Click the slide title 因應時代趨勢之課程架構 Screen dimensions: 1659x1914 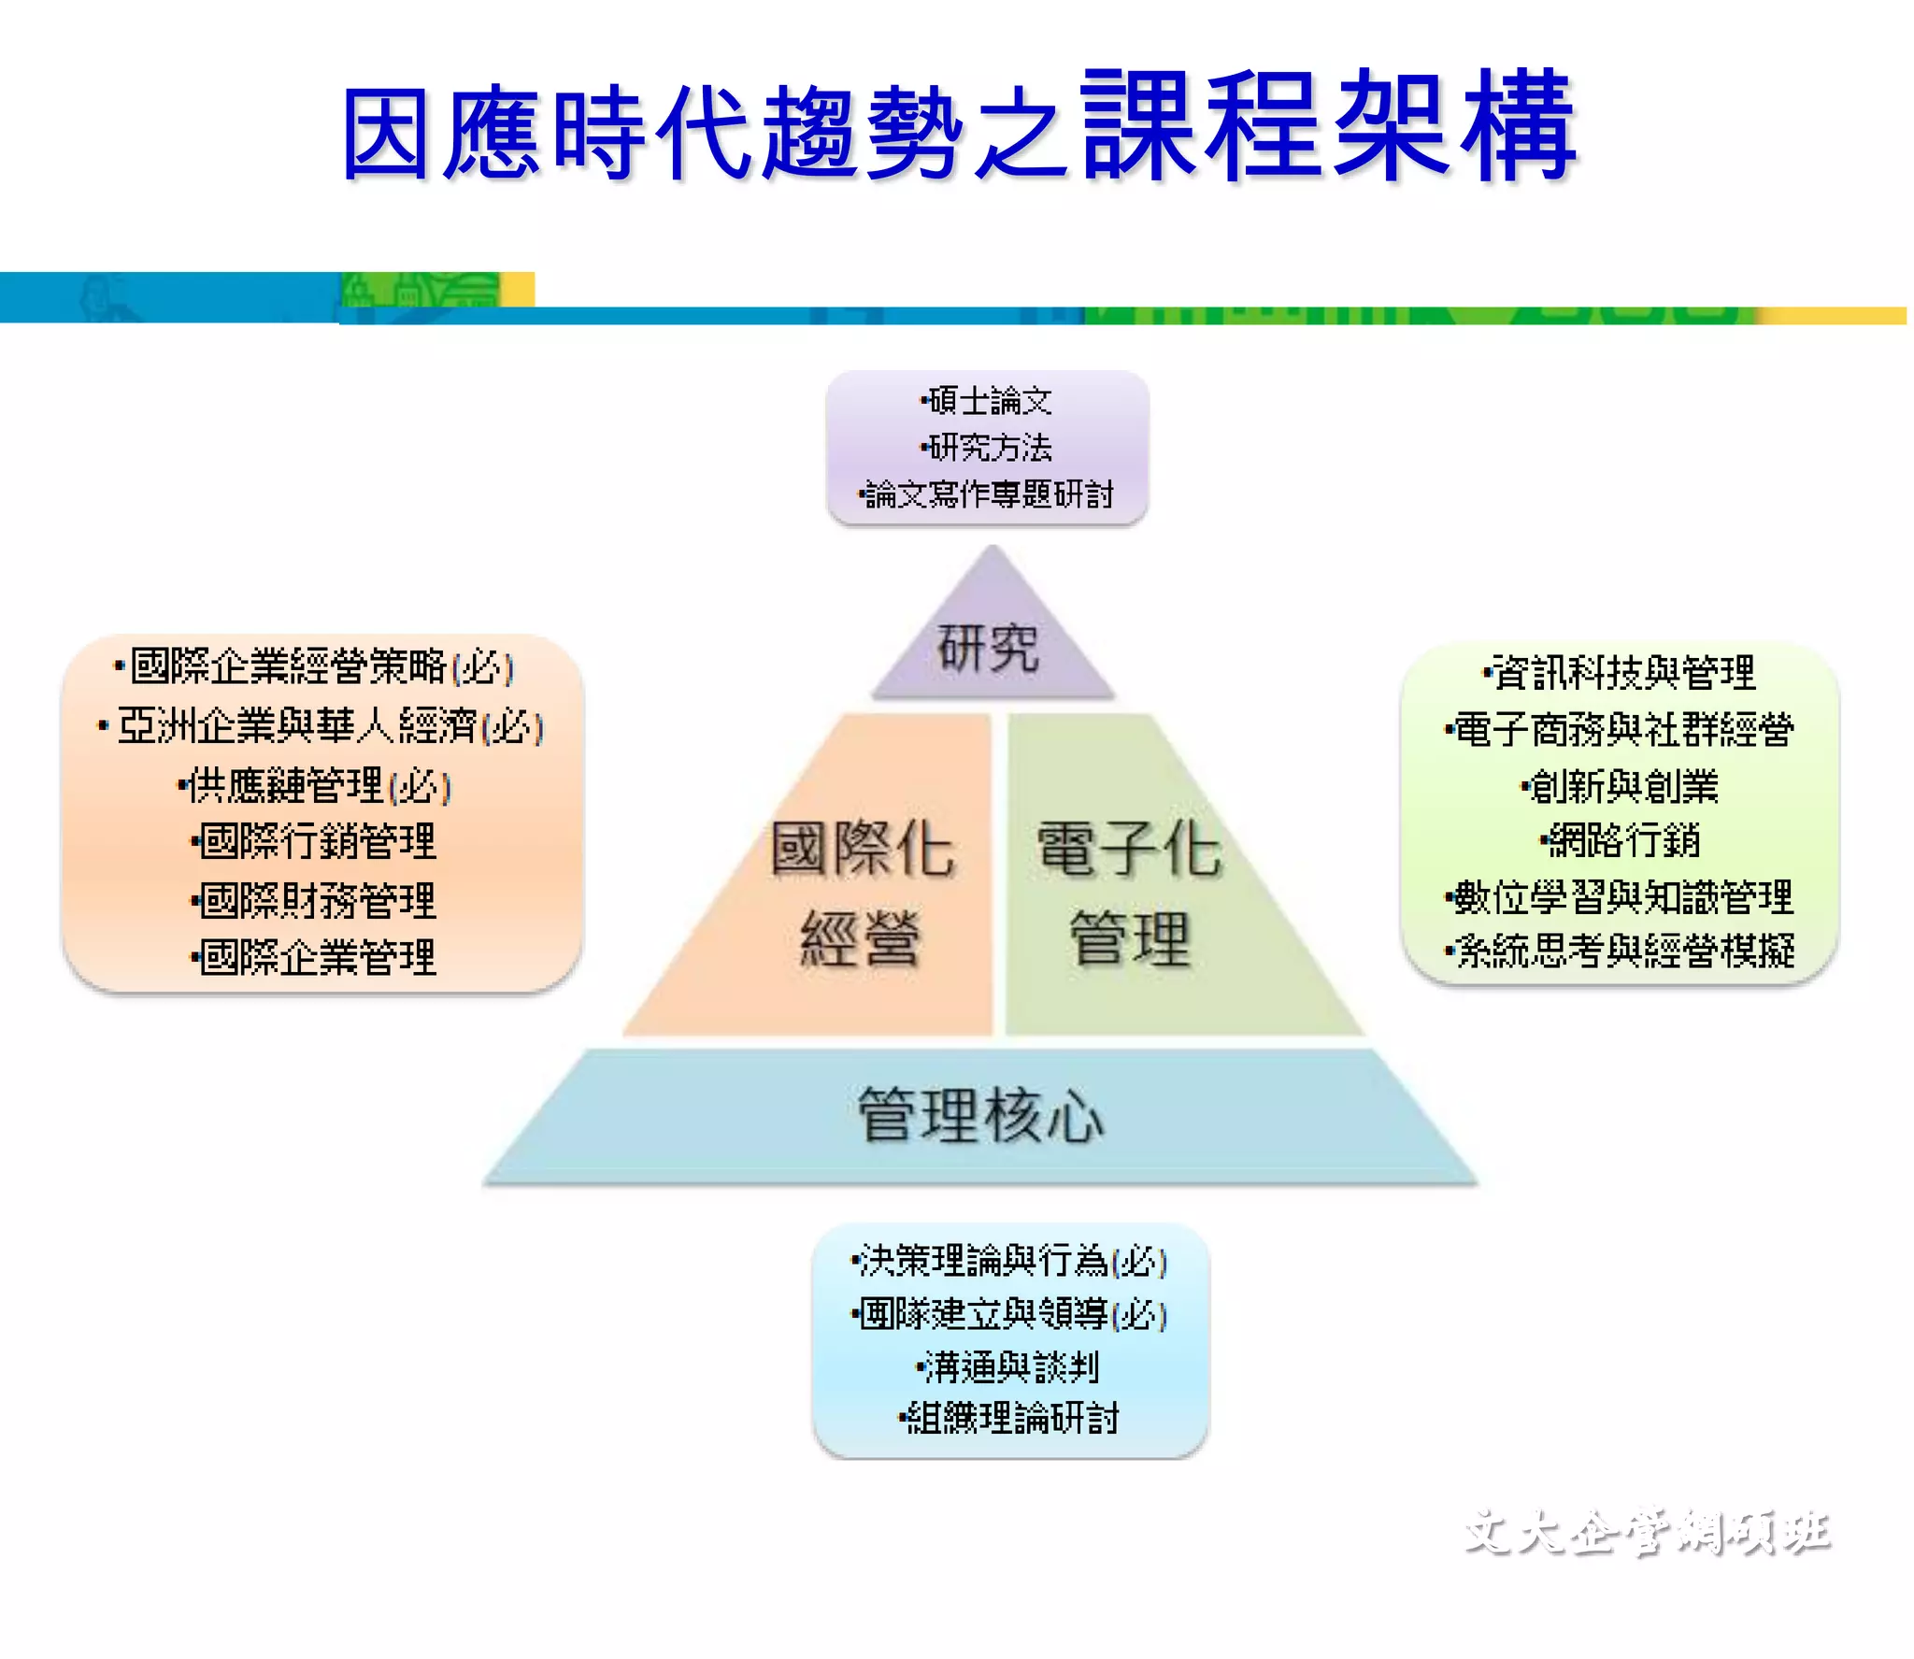pyautogui.click(x=959, y=126)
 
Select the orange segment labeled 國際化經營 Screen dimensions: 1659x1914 pyautogui.click(x=861, y=893)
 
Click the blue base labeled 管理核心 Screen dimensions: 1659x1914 pyautogui.click(x=980, y=1115)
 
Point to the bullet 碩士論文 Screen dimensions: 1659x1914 pyautogui.click(x=989, y=402)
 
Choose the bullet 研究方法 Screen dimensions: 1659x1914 pyautogui.click(x=989, y=448)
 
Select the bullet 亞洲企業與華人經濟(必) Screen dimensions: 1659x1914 pyautogui.click(x=323, y=726)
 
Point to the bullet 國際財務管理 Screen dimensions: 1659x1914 pyautogui.click(x=316, y=901)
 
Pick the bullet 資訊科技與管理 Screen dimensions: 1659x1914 pyautogui.click(x=1621, y=672)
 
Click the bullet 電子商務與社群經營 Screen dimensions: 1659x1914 pyautogui.click(x=1621, y=730)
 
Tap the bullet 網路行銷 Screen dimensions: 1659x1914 pyautogui.click(x=1621, y=841)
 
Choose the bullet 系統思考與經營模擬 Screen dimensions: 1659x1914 pyautogui.click(x=1621, y=951)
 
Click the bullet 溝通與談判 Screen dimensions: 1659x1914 pyautogui.click(x=1009, y=1367)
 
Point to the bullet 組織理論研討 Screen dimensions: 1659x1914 pyautogui.click(x=1009, y=1418)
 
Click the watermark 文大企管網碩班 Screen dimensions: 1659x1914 pyautogui.click(x=1647, y=1532)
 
